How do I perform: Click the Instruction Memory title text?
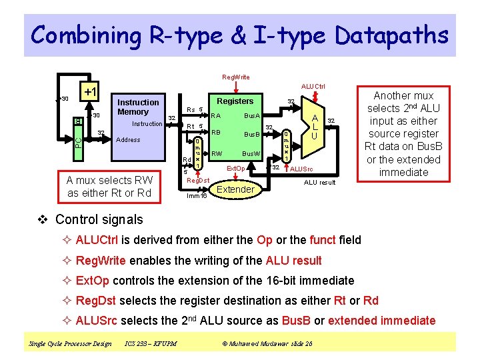pos(138,107)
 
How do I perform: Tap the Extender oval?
pos(236,189)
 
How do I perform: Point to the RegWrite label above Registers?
pos(236,77)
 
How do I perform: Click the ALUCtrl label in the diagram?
pos(313,86)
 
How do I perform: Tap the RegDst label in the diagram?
pos(198,181)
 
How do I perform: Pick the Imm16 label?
pos(197,196)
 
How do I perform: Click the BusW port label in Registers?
pos(251,154)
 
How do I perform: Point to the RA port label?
pos(215,115)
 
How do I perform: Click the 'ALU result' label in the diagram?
pos(320,182)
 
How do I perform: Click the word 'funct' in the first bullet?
pos(323,240)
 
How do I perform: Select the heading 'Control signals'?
pos(99,219)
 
